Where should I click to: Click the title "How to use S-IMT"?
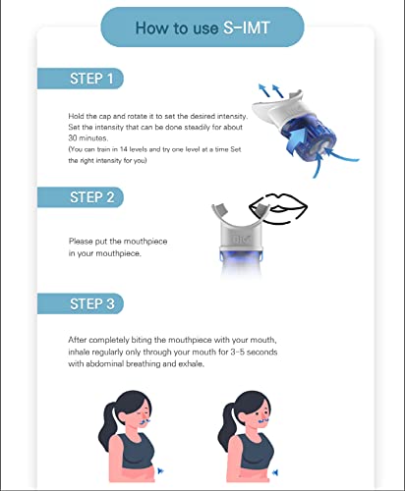coord(202,27)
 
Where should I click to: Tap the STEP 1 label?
coord(91,79)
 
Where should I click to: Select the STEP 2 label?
coord(91,197)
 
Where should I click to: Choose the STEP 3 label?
coord(91,303)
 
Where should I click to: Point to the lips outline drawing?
coord(278,209)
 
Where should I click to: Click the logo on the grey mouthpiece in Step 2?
coord(241,240)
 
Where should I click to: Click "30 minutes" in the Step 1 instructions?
coord(87,137)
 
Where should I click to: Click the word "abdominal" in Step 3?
coord(105,363)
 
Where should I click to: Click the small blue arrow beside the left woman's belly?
coord(160,471)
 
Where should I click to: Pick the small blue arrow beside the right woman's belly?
coord(276,471)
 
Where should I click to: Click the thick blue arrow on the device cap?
coord(299,140)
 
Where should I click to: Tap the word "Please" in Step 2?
coord(81,242)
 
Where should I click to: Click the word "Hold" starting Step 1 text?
coord(74,116)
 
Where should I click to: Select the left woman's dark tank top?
coord(136,452)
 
